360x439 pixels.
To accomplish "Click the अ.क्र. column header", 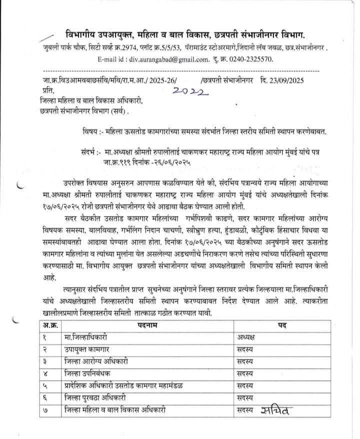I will coord(48,325).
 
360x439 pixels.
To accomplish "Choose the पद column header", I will coord(281,325).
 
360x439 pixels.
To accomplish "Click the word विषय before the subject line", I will coord(91,131).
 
